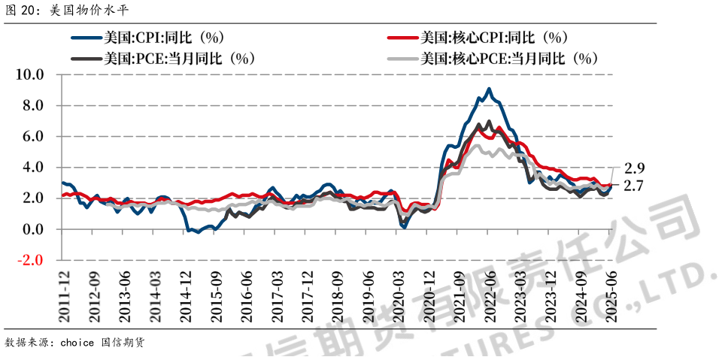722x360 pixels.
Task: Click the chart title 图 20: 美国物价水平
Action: [x=57, y=11]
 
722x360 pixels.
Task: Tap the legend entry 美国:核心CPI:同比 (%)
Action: [x=493, y=38]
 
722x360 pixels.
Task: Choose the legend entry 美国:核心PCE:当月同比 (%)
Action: [x=508, y=58]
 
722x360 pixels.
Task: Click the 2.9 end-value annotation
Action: [x=635, y=168]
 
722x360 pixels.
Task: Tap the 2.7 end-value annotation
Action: [x=635, y=185]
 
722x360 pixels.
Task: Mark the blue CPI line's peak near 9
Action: [x=489, y=89]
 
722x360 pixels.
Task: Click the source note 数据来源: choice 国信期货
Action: [x=74, y=343]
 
